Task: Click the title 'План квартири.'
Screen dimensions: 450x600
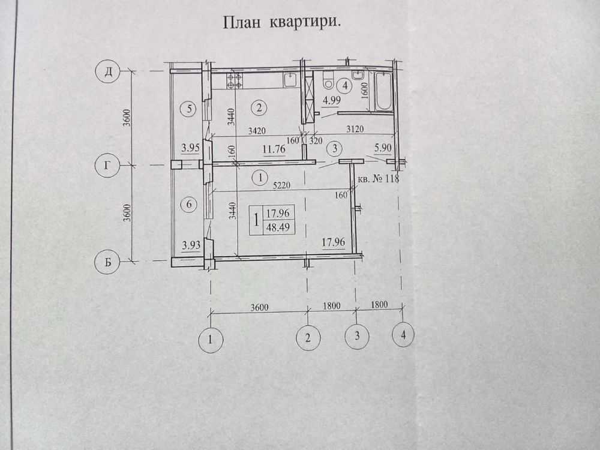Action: point(282,23)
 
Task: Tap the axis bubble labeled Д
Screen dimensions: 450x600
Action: point(109,72)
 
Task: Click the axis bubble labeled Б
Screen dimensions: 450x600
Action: point(108,262)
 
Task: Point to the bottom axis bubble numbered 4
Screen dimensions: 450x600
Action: point(403,335)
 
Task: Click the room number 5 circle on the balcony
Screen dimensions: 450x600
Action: point(189,109)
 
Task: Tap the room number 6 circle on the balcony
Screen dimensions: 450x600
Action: point(189,205)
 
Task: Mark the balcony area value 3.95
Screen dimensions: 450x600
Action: point(191,148)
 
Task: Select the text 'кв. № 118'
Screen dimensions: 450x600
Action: point(378,179)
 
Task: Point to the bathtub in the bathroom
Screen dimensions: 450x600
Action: point(383,91)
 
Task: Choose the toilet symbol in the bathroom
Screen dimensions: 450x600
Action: point(328,80)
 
